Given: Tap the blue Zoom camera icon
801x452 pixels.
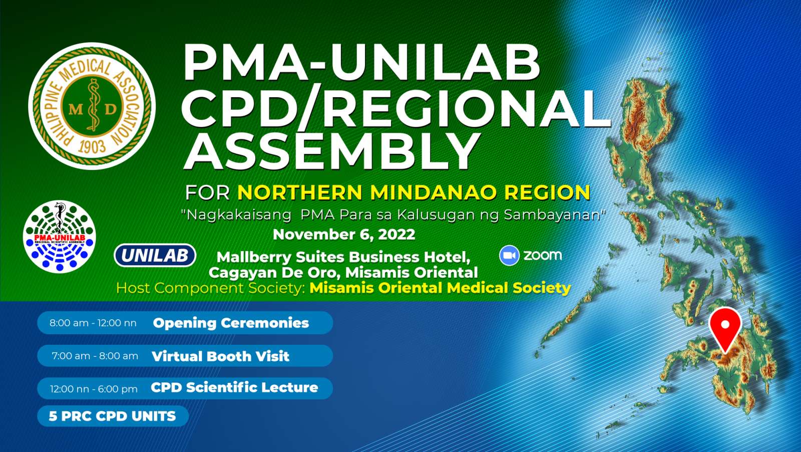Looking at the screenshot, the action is tap(509, 256).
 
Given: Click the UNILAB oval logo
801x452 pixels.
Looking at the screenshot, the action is tap(155, 256).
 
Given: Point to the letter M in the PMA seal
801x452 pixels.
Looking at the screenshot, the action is tap(76, 109).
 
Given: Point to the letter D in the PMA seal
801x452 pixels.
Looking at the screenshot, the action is tap(111, 109).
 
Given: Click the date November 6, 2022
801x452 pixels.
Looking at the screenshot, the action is tap(344, 235).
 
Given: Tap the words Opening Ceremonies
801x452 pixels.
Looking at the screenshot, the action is tap(231, 323).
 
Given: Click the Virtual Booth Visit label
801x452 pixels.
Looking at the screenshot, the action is tap(221, 356).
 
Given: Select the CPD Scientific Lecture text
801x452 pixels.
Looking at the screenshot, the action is tap(235, 387).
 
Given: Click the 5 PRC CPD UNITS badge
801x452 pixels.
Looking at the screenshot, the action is tap(113, 416).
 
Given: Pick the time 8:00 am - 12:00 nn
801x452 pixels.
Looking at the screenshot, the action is tap(93, 323).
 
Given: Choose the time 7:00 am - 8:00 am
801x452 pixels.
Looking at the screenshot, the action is tap(95, 356).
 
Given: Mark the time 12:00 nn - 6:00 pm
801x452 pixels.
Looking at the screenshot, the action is tap(94, 389).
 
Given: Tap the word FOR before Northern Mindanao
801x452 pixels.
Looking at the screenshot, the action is tap(207, 192).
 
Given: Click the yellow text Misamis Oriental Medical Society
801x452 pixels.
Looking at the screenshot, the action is tap(440, 288).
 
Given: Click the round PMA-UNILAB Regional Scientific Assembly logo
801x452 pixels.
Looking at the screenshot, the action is tap(60, 237).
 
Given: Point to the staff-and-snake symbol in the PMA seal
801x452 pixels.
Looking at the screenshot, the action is tap(93, 105).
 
